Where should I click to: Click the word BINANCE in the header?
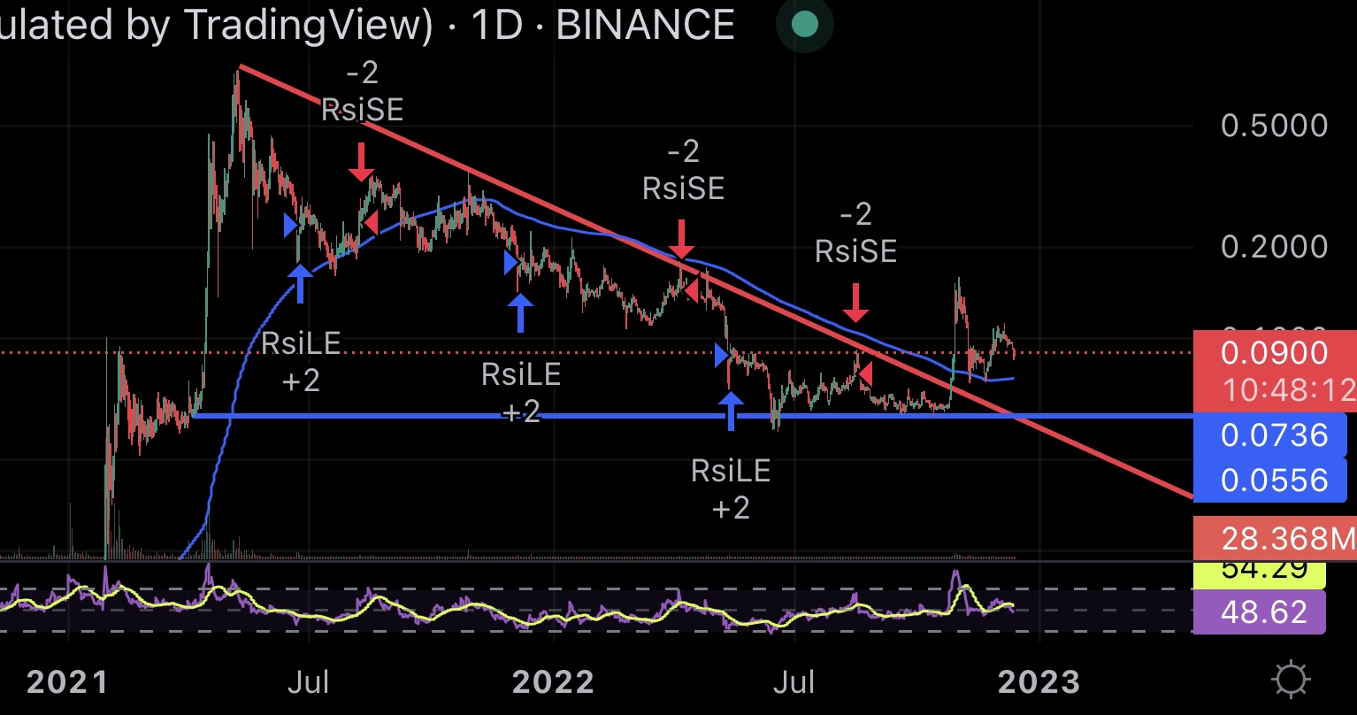point(645,25)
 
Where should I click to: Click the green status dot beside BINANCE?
point(804,25)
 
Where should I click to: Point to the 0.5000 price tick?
point(1274,126)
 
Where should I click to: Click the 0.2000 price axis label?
point(1274,247)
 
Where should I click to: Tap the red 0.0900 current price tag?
point(1274,354)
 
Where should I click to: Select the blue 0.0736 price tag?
point(1274,435)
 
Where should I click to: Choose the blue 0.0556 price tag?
point(1274,481)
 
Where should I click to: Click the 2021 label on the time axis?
point(66,681)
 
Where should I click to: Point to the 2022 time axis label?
point(553,681)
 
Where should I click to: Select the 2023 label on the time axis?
point(1039,681)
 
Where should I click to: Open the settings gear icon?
point(1291,680)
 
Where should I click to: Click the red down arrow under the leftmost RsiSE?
point(360,163)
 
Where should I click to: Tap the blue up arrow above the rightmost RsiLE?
point(731,411)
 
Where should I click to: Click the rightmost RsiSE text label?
point(855,251)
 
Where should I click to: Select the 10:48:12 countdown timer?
point(1288,388)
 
